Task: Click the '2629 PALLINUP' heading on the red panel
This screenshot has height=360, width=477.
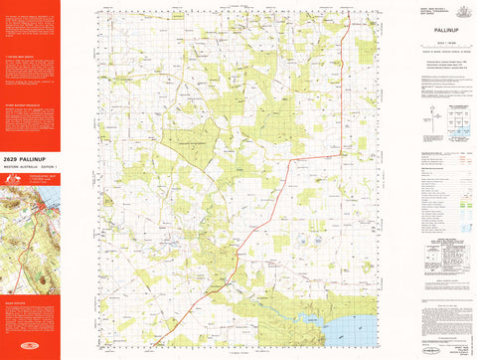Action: click(29, 159)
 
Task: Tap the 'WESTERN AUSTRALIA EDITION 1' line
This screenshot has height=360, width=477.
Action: click(29, 166)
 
